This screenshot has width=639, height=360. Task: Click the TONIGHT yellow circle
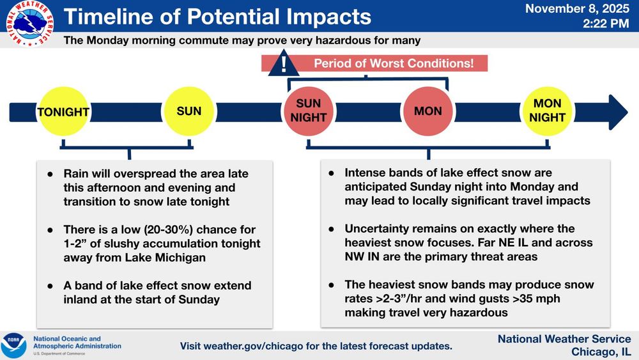coord(63,111)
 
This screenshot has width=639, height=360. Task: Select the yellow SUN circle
coord(189,111)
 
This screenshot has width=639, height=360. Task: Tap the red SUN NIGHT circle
coord(309,111)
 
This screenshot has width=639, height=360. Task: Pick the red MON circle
coord(428,111)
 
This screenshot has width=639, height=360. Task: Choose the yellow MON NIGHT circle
coord(548,111)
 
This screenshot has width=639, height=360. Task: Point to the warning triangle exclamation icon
coord(284,63)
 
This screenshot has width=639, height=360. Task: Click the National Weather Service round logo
coord(29,24)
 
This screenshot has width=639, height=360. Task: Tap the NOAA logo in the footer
coord(14,345)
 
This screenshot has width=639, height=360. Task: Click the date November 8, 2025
coord(577,8)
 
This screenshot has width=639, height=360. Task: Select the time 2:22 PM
coord(606,24)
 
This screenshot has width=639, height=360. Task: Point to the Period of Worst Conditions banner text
coord(394,63)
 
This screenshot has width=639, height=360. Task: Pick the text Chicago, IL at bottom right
coord(601,352)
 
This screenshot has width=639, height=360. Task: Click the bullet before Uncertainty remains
coord(331,229)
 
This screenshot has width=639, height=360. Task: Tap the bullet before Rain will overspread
coord(50,174)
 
